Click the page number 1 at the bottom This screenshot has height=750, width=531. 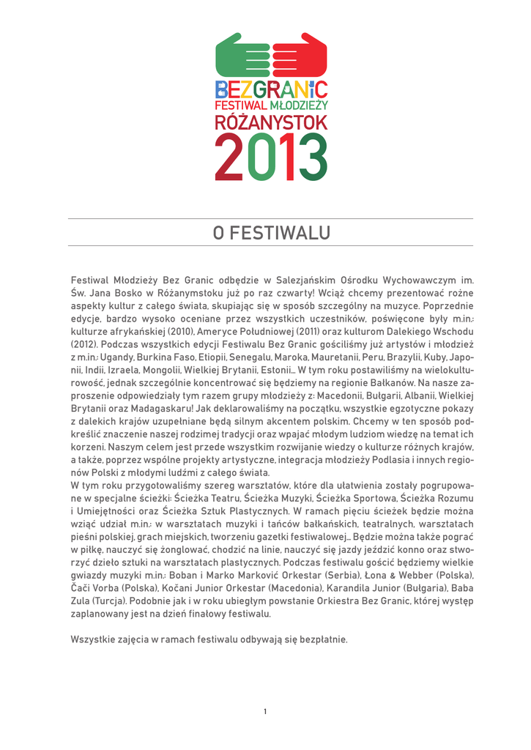click(265, 711)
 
